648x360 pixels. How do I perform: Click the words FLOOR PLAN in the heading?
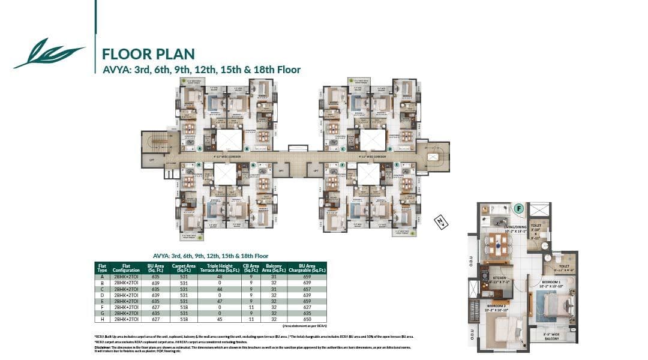[x=148, y=54]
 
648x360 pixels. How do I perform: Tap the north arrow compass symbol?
[x=441, y=223]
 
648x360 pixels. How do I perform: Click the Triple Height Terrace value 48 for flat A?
[x=219, y=277]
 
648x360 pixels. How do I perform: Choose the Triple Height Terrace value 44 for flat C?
[x=219, y=289]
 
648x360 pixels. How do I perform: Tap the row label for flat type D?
[x=103, y=295]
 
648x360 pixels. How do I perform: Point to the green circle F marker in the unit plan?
[x=519, y=209]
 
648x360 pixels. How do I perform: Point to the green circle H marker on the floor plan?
[x=199, y=164]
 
